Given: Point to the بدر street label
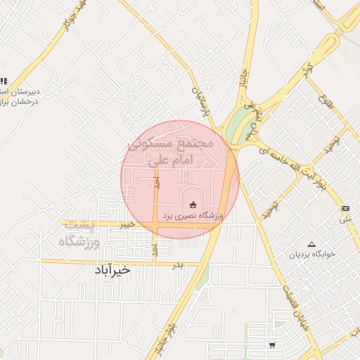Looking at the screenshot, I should click(x=178, y=264).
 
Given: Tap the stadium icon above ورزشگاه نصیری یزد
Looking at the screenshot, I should click(x=193, y=204).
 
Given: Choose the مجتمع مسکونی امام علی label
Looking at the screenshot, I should click(x=171, y=150).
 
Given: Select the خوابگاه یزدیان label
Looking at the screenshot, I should click(x=311, y=254).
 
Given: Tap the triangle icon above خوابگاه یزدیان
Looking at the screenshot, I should click(x=311, y=243).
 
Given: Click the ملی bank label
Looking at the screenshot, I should click(x=345, y=219).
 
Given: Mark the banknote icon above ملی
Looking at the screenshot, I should click(x=345, y=208).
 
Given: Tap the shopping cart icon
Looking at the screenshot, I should click(x=272, y=345).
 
